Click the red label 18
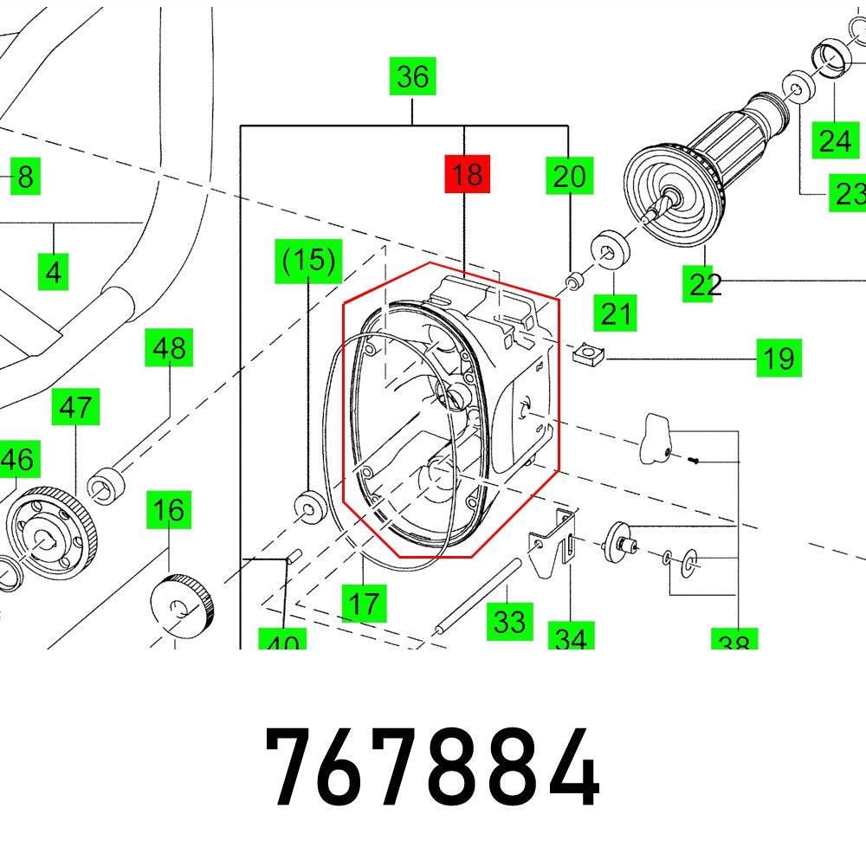(466, 176)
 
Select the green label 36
(412, 78)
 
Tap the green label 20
(569, 177)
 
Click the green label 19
(779, 357)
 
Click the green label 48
(168, 349)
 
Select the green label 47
(75, 407)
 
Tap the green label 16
(168, 510)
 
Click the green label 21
(617, 312)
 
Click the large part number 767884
(432, 767)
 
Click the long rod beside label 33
(478, 597)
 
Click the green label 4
(54, 274)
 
